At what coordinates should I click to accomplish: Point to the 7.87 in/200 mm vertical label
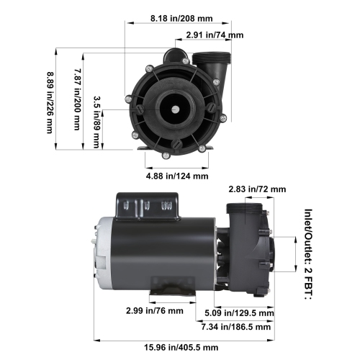(x=76, y=99)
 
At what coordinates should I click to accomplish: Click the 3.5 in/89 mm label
(x=98, y=122)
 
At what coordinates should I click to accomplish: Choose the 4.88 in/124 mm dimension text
(x=177, y=175)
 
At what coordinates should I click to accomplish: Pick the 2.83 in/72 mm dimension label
(x=256, y=189)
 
